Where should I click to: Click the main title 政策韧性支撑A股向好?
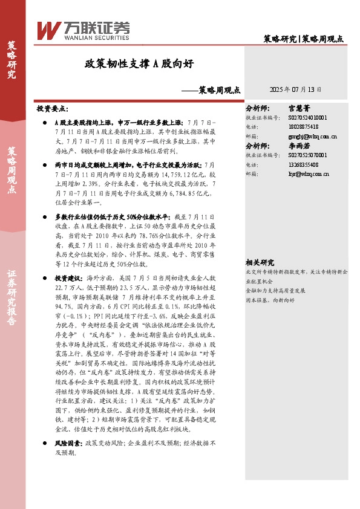point(139,63)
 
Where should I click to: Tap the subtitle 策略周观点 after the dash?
point(219,89)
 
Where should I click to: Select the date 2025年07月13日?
point(295,89)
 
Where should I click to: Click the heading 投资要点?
point(53,109)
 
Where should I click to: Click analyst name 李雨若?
point(299,146)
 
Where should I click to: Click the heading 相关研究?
point(260,262)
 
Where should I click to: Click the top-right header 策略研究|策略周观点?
point(304,39)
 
